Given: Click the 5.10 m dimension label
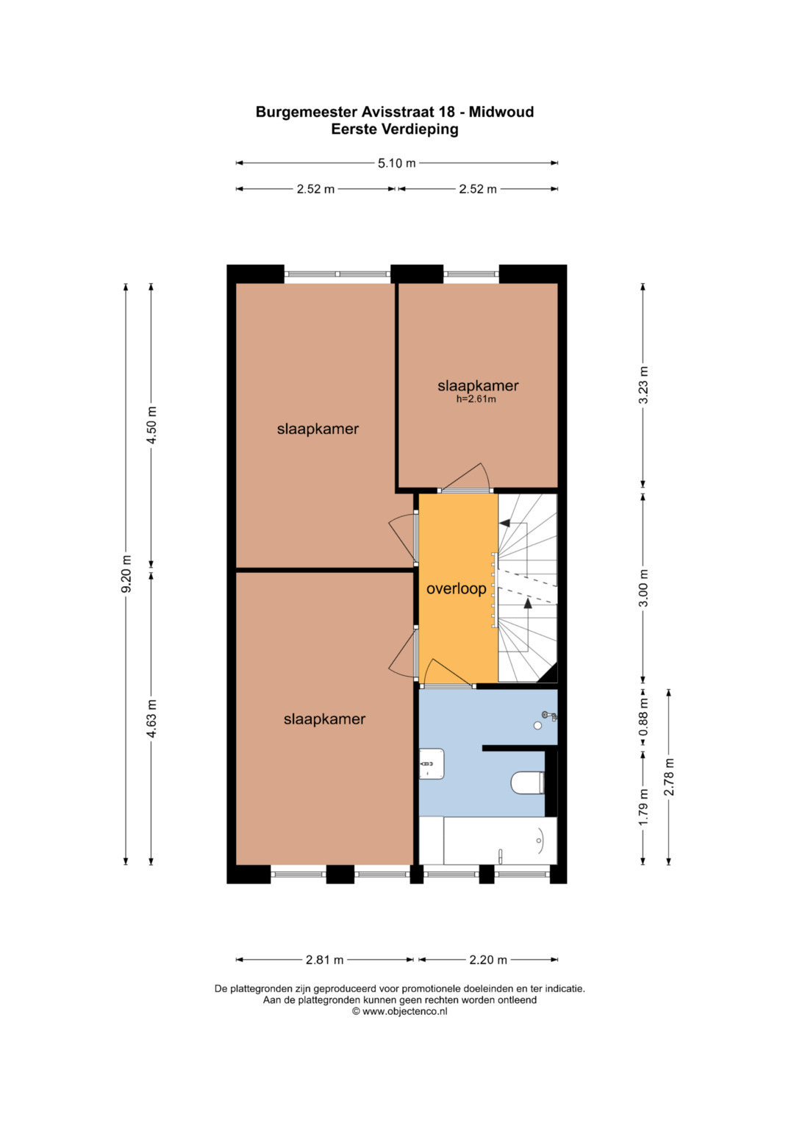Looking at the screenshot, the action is pos(396,163).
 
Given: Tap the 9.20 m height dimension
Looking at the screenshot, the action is pos(126,574).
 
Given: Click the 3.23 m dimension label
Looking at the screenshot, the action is pos(643,385).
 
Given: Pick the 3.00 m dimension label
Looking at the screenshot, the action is pos(643,588).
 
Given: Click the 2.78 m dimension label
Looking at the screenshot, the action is pos(669,777).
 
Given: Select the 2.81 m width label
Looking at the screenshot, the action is pos(324,960).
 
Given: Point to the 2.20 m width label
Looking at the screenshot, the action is pos(487,960).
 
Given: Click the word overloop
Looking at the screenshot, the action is pos(456,588).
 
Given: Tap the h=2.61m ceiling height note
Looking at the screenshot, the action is pos(476,399).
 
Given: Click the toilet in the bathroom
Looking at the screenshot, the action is pos(527,782).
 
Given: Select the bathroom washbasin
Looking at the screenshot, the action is pos(432,763).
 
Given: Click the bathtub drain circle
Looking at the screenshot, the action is pos(540,841).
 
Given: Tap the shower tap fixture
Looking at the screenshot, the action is pos(550,716).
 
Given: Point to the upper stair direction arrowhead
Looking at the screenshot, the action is pos(504,524).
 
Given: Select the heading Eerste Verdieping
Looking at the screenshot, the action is pos(395,129).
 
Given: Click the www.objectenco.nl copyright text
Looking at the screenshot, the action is pos(399,1011).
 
